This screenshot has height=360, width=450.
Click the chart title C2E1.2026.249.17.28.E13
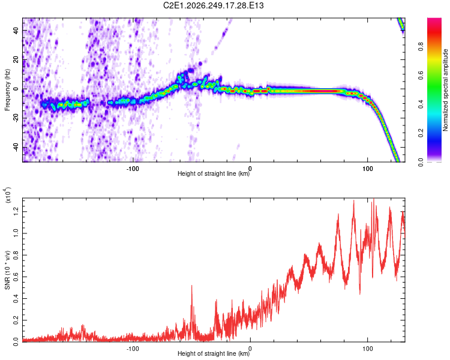[213, 5]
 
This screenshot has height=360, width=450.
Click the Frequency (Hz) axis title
[7, 90]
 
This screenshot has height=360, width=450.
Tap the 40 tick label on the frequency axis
[16, 31]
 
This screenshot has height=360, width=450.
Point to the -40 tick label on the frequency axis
[16, 147]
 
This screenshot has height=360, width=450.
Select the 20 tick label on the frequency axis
[16, 60]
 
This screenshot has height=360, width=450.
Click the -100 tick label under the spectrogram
[133, 169]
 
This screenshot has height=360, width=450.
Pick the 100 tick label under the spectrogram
[368, 169]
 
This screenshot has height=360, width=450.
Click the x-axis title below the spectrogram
[214, 173]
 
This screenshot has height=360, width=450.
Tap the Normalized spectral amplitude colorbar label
[445, 90]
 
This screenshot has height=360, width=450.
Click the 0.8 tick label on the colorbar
[421, 47]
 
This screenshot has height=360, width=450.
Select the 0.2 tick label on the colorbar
[421, 133]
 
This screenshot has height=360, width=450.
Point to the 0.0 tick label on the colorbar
[421, 162]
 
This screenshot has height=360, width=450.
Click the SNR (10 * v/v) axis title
[7, 270]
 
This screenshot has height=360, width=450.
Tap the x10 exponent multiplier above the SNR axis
[7, 195]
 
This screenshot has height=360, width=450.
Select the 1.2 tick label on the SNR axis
[16, 212]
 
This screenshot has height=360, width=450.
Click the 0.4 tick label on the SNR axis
[16, 299]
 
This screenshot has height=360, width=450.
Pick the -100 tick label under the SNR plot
[133, 349]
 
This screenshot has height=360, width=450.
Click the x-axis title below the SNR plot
[214, 353]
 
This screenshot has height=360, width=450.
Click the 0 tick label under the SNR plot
[250, 349]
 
